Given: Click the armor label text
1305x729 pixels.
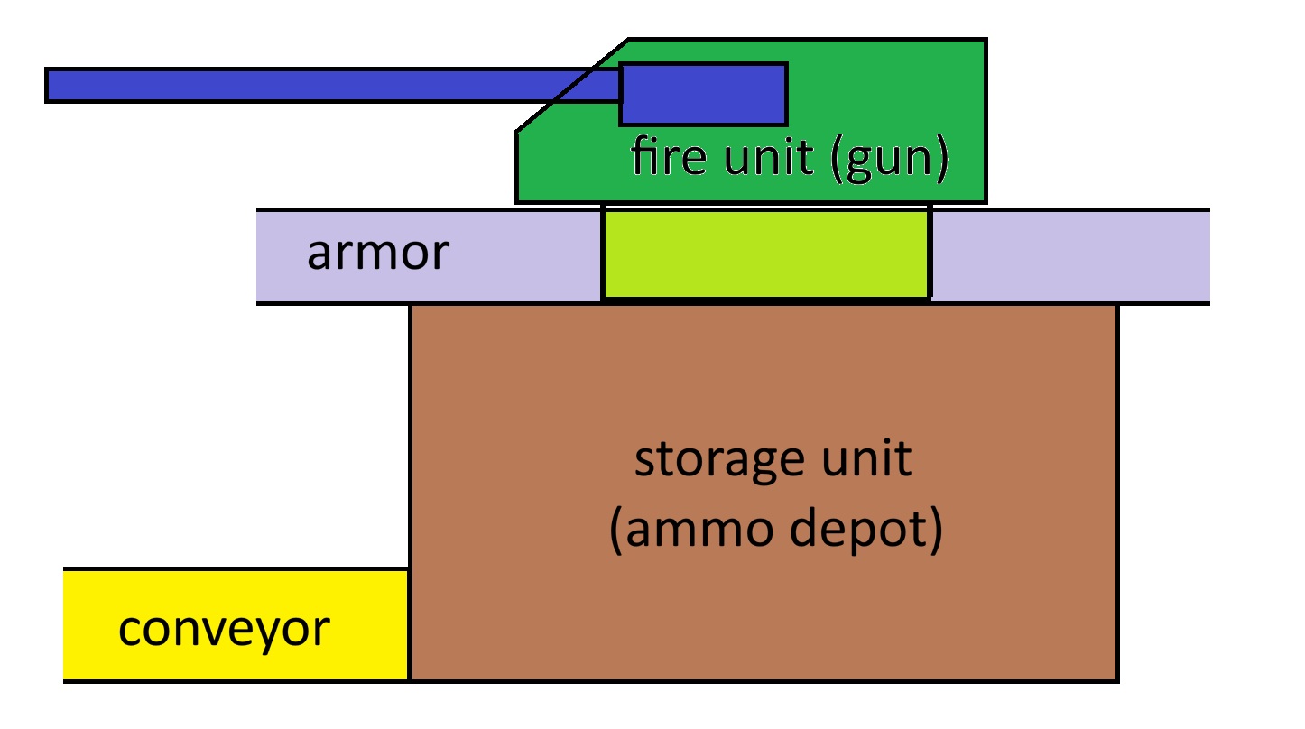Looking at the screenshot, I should [x=377, y=254].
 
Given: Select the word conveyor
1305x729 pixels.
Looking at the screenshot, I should [x=224, y=629].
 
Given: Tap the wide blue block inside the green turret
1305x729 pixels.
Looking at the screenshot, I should [x=703, y=94].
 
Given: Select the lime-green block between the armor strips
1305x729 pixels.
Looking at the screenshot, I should [x=765, y=255].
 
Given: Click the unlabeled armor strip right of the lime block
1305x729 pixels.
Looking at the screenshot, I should [x=1069, y=255].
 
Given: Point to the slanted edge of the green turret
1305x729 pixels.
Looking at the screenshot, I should [x=572, y=86].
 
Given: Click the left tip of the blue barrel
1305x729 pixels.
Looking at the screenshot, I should [x=48, y=85].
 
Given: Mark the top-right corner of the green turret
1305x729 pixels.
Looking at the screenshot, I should [x=985, y=40].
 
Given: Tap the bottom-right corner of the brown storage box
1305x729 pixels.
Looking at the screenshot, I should [x=1117, y=679].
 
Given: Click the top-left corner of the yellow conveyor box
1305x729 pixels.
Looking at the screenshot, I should [x=65, y=569].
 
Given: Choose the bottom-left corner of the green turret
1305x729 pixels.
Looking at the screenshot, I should [x=517, y=201].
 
